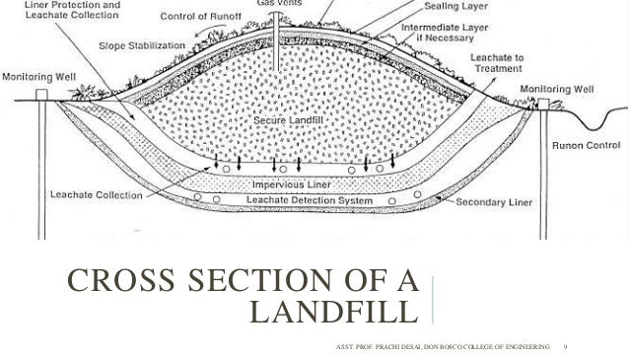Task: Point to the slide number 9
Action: [564, 347]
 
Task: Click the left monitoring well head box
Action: [42, 95]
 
